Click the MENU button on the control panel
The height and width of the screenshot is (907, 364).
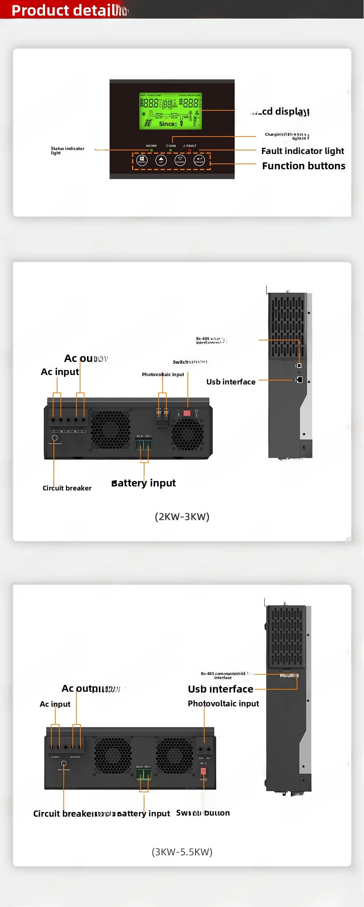(x=142, y=160)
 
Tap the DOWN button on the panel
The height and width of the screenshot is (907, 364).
(x=180, y=160)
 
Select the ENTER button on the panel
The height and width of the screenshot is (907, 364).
(x=199, y=160)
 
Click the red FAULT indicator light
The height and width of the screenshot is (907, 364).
(x=190, y=150)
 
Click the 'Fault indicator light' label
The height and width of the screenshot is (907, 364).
(x=302, y=151)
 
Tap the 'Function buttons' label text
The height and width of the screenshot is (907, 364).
(x=304, y=166)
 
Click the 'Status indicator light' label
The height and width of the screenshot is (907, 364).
(x=67, y=150)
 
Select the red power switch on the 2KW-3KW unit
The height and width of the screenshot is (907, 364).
(x=187, y=413)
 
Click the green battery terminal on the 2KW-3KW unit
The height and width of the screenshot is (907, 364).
(x=143, y=445)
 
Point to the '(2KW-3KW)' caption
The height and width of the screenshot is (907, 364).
(x=182, y=517)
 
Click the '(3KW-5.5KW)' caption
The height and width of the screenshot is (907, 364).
(x=182, y=852)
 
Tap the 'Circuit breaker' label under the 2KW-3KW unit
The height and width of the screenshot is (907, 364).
(x=67, y=488)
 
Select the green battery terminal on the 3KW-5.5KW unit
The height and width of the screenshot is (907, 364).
(x=143, y=774)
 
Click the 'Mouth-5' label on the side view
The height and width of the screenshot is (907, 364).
(x=289, y=675)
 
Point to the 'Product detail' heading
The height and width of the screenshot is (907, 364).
(x=66, y=10)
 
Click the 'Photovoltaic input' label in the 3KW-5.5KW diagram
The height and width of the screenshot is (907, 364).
(x=223, y=703)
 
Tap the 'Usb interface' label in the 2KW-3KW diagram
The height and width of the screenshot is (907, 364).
(x=231, y=382)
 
